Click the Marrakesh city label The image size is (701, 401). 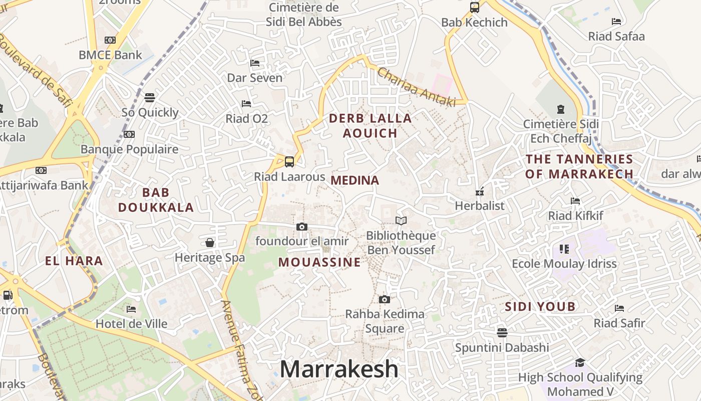339,369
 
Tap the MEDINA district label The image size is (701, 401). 355,180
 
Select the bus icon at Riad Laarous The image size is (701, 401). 289,162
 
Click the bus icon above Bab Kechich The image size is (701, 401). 475,8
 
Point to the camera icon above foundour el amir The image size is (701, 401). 301,227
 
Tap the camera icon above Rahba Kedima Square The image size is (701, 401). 385,299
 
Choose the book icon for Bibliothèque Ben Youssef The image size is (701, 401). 401,221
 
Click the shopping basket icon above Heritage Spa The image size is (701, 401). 210,243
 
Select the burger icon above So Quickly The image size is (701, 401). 150,97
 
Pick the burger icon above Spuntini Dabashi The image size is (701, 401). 502,332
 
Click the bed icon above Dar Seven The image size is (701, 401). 255,63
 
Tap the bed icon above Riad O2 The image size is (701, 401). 246,104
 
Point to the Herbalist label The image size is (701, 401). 480,206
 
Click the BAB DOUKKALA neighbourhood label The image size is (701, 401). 156,200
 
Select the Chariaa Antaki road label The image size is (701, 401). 417,87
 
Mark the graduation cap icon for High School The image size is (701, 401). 580,362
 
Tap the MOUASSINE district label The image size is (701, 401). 319,262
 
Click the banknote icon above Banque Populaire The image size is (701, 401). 129,134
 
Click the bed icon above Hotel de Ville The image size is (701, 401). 131,309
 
